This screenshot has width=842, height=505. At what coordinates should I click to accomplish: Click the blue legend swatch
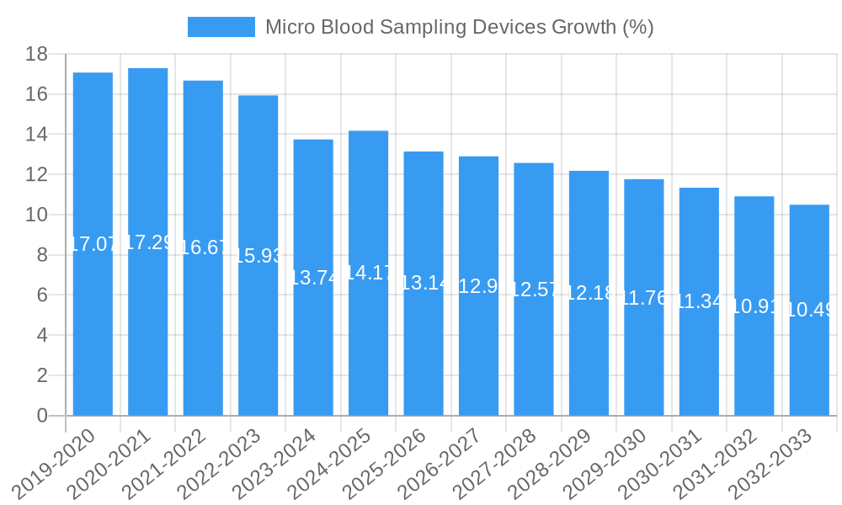[221, 27]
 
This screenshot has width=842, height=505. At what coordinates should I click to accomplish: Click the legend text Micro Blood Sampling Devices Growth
[459, 27]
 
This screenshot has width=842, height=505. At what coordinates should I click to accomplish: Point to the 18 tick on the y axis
[36, 55]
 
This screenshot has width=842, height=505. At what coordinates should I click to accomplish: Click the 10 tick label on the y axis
[36, 215]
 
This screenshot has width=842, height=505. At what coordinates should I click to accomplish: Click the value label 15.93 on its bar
[258, 256]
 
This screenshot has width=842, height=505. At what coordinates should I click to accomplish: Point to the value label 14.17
[368, 273]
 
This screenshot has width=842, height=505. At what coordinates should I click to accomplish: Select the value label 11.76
[644, 297]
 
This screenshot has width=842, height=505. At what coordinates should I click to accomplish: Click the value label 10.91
[754, 306]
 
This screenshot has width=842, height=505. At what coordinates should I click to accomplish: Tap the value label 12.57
[533, 290]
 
